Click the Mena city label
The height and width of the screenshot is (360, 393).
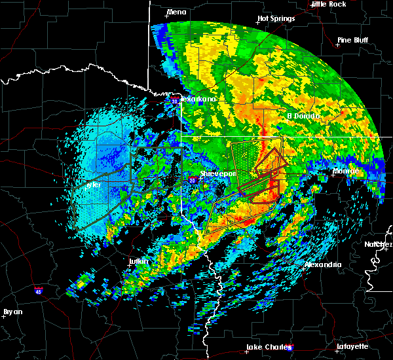[176, 12]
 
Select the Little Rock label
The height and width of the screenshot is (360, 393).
[328, 4]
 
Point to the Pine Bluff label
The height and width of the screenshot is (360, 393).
[352, 40]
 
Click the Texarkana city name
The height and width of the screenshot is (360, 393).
[198, 99]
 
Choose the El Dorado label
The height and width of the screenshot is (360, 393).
[303, 116]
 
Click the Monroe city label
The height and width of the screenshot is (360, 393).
[345, 171]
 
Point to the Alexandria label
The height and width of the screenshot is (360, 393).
[323, 264]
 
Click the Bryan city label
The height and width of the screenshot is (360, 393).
[13, 311]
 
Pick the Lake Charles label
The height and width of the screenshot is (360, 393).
[268, 347]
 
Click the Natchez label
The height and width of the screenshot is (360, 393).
[379, 244]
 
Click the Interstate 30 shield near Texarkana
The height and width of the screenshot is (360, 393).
[175, 101]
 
